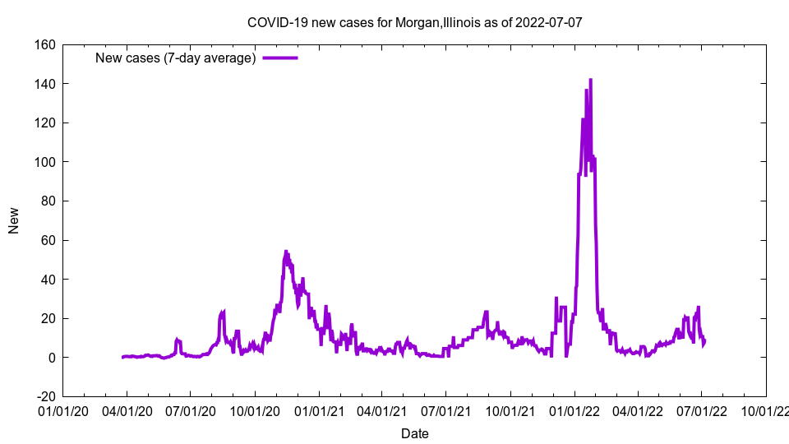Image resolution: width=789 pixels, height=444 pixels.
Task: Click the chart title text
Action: tap(414, 22)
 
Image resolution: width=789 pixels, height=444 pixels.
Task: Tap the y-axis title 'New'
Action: tap(14, 220)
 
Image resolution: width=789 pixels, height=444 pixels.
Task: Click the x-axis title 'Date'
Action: tap(414, 433)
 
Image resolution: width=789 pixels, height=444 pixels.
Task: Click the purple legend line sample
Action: tap(279, 58)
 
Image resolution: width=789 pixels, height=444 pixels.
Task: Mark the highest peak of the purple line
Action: tap(590, 80)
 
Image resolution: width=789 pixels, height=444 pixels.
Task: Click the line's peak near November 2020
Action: tap(286, 251)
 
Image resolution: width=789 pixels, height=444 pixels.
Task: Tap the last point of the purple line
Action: tap(704, 340)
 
